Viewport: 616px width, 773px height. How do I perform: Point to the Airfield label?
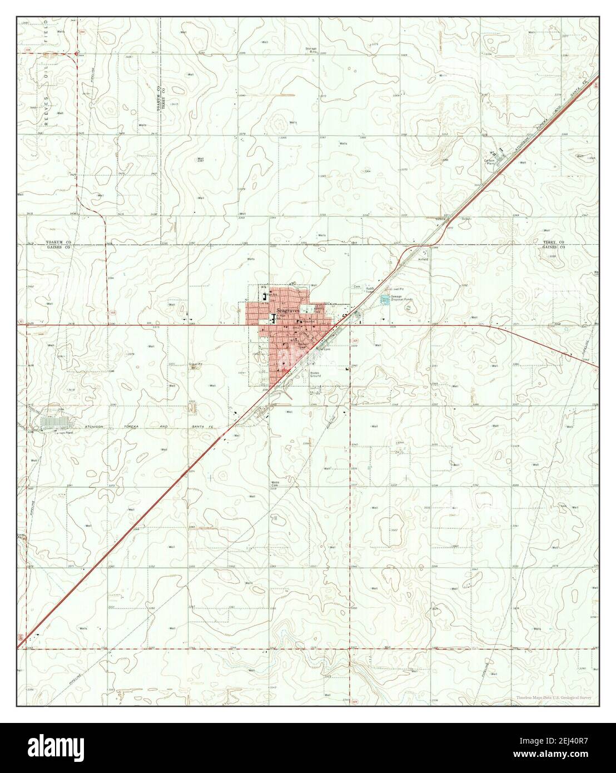click(x=424, y=259)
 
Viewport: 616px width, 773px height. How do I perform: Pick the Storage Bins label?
click(x=311, y=50)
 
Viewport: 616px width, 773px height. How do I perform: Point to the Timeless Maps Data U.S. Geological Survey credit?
click(x=553, y=697)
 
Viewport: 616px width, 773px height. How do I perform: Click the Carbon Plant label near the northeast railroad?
click(x=489, y=162)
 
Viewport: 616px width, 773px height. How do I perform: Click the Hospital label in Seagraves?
click(x=309, y=321)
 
